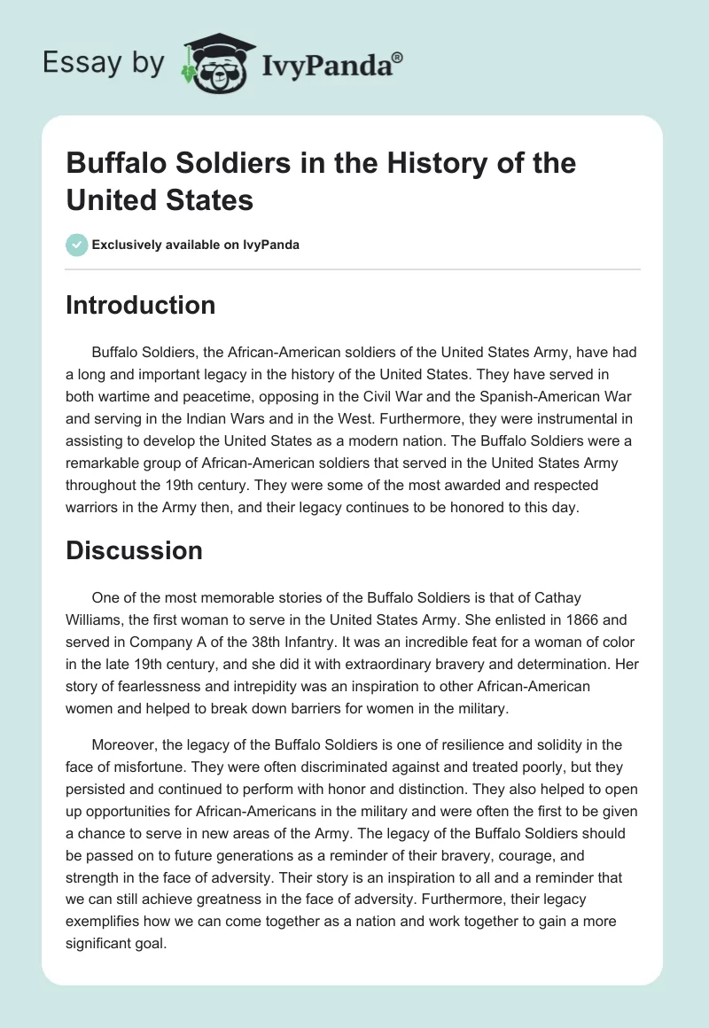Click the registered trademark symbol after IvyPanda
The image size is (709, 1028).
[x=397, y=58]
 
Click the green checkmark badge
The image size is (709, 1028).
[x=76, y=245]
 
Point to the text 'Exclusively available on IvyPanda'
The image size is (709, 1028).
[x=195, y=245]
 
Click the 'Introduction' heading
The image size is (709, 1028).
[x=140, y=305]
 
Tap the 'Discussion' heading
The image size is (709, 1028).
[x=134, y=550]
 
